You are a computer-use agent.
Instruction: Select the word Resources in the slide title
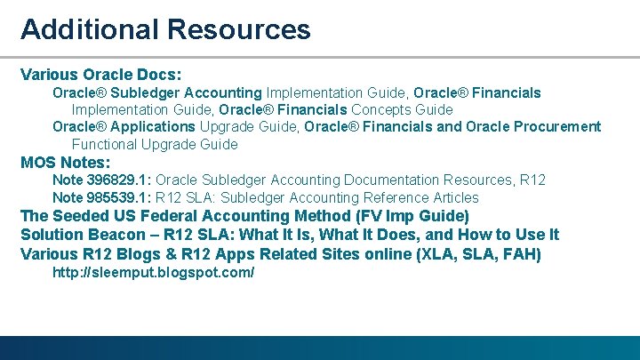tap(237, 29)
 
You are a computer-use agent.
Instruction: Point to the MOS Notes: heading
tap(65, 163)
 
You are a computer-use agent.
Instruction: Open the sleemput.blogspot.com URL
tap(153, 272)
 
